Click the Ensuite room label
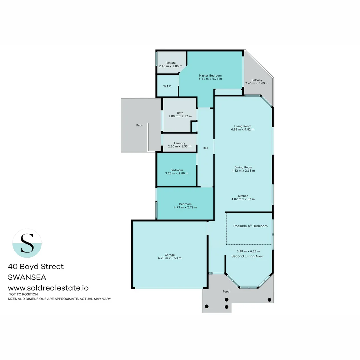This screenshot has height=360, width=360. pos(171,63)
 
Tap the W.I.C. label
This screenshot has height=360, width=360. pos(168,86)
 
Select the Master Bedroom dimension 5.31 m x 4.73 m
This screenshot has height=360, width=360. pos(210,79)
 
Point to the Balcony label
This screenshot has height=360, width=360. pos(257,80)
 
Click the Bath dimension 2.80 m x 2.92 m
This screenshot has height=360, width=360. pos(180,116)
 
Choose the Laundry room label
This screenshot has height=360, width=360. pos(180,143)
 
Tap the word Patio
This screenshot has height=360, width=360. pos(140,125)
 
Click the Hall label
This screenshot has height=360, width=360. pos(205,148)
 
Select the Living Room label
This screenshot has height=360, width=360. pos(243,126)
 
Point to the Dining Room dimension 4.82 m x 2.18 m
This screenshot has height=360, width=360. pos(243,171)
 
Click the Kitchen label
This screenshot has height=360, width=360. pos(243,196)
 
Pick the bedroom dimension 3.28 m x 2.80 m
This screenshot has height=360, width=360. pos(177,173)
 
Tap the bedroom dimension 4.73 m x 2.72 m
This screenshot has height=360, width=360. pos(185,207)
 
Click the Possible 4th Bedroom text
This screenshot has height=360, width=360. pos(250,226)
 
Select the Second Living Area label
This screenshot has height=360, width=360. pos(247,256)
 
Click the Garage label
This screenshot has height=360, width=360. pos(170,255)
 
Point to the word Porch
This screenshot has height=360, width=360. pos(227,292)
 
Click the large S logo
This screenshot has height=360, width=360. pos(27,243)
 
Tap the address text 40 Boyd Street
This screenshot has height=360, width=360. pos(36,267)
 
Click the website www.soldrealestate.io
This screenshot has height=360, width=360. pos(48,288)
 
